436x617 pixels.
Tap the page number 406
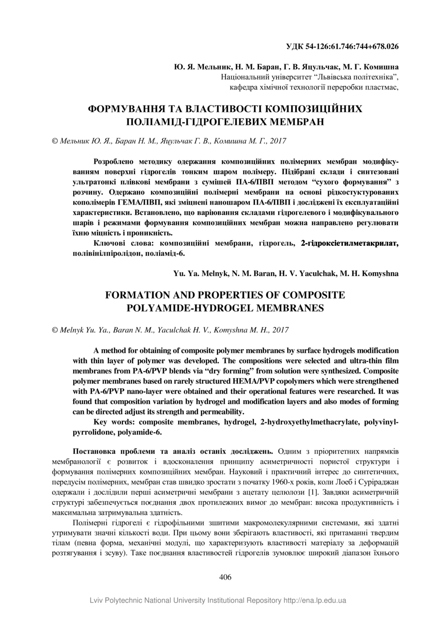pos(225,577)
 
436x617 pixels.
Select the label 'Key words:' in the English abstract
pos(113,422)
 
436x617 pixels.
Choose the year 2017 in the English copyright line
pos(280,329)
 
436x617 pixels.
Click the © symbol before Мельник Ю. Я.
pos(55,141)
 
